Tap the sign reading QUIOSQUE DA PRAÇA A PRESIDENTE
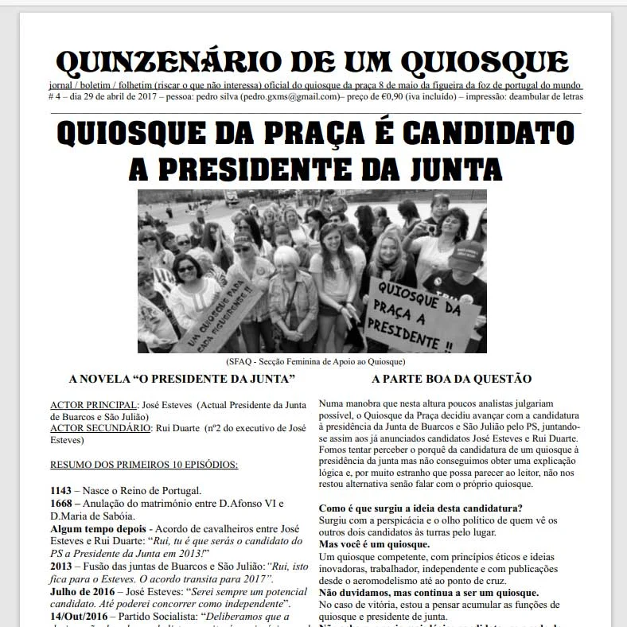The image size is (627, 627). (x=422, y=314)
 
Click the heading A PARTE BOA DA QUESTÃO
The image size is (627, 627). (x=451, y=379)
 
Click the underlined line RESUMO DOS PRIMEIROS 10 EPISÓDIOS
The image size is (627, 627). (x=144, y=464)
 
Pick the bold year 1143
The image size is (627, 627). (x=61, y=489)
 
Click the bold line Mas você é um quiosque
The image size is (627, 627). (x=374, y=544)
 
